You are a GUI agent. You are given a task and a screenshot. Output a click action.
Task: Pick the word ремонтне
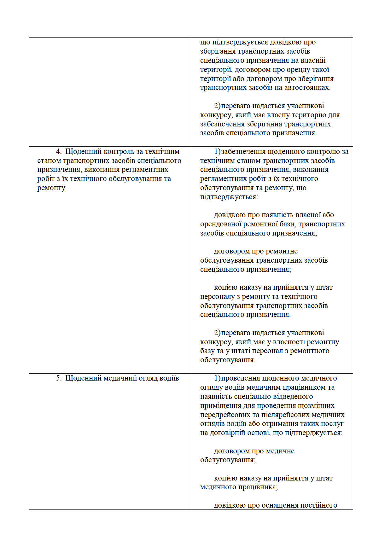coord(282,251)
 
